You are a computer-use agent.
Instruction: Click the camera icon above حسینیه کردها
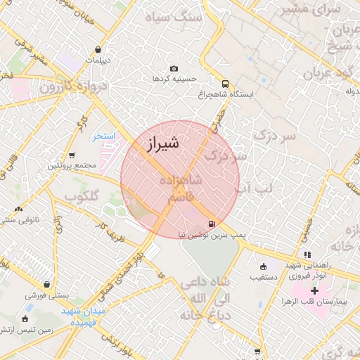click(174, 69)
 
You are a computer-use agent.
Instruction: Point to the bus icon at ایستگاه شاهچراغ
click(224, 82)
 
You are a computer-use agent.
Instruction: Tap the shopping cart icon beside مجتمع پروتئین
click(72, 155)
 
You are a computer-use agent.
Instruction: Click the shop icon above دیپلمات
click(97, 49)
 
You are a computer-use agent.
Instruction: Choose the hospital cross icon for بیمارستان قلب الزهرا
click(314, 290)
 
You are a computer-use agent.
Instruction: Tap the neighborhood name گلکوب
click(82, 195)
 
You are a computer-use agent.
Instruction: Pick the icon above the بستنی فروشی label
click(47, 284)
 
